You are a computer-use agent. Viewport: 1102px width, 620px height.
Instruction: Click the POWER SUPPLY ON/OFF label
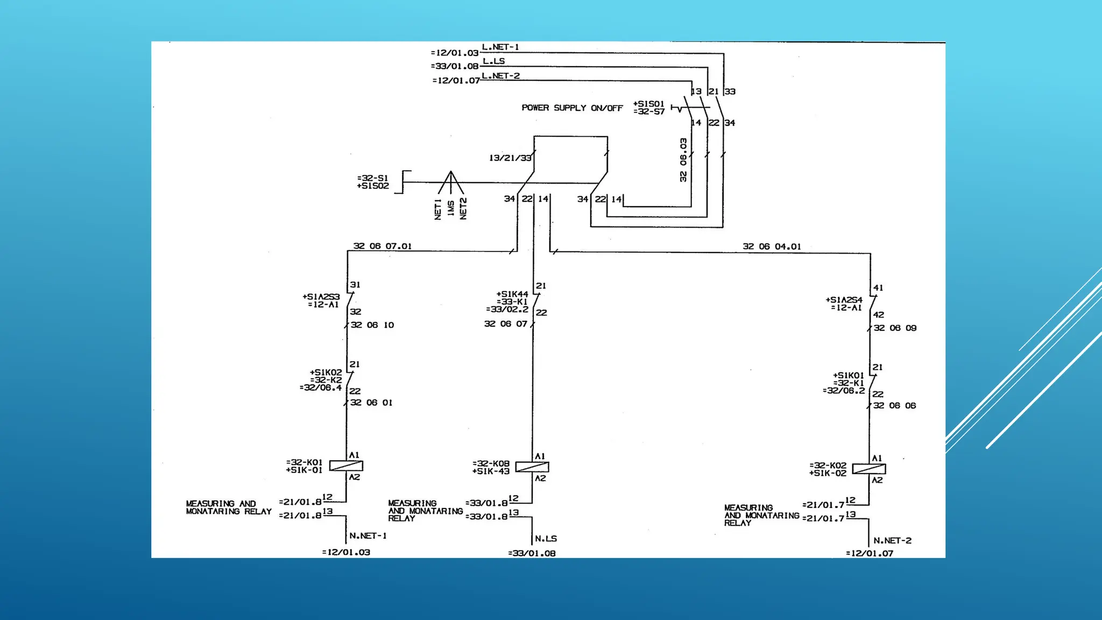point(571,108)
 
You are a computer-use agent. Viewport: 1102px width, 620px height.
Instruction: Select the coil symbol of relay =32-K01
point(346,466)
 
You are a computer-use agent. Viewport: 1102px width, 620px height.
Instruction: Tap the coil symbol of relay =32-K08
point(532,467)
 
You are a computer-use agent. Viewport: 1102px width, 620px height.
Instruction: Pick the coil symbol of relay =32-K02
point(869,469)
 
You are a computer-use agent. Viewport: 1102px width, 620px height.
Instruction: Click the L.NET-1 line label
point(500,47)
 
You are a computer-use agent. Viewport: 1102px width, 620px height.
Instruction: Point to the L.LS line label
point(493,61)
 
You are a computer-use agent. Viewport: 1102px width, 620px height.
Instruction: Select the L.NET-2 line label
point(500,76)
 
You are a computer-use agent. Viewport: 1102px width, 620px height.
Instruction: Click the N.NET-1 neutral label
point(368,536)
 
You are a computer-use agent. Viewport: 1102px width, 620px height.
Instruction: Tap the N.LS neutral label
point(546,539)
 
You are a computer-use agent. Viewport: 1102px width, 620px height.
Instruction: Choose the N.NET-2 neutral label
point(892,540)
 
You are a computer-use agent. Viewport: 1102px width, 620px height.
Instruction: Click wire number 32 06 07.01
point(382,246)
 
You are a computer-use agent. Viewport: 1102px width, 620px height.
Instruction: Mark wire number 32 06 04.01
point(772,246)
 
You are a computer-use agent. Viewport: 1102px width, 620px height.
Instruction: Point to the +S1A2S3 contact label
point(321,297)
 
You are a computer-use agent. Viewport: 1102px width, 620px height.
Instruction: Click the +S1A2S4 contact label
point(844,300)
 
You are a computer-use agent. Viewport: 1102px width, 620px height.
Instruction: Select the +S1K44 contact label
point(512,294)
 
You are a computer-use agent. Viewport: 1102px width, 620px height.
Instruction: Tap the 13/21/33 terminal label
point(510,158)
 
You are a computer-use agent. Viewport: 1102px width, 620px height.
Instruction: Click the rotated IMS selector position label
point(451,208)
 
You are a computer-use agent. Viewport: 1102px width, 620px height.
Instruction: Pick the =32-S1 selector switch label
point(372,178)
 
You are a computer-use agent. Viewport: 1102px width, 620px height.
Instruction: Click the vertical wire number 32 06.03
point(683,160)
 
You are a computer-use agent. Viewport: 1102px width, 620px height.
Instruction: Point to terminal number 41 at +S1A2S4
point(878,288)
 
